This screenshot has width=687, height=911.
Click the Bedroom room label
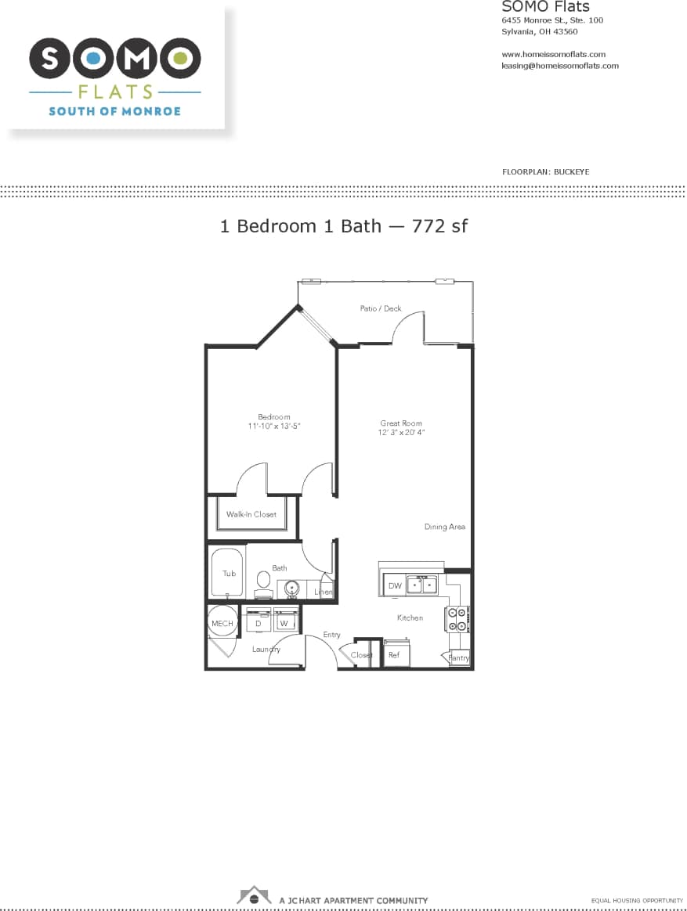tap(273, 417)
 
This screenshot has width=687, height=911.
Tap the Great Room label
tap(401, 423)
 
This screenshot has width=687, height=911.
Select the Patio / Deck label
tap(381, 308)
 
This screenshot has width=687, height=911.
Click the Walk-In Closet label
tap(251, 514)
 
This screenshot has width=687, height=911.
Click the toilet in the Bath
tap(263, 584)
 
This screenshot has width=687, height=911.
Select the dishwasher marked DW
tap(394, 585)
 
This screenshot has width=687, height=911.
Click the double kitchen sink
tap(421, 585)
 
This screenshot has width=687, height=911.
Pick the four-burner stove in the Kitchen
tap(457, 619)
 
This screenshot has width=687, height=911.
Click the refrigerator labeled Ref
tap(395, 654)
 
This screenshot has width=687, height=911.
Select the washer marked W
tap(284, 622)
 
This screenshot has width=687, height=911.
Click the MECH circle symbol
tap(222, 622)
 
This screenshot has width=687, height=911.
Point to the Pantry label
tap(459, 658)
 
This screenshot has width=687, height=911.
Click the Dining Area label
tap(444, 527)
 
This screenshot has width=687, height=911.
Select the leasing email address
tap(559, 66)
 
